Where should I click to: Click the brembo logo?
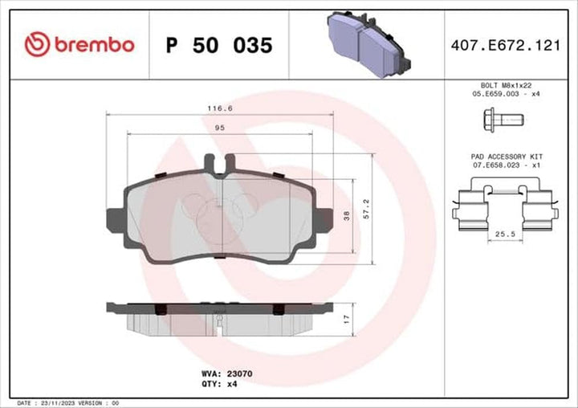tap(79, 45)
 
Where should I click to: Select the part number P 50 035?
tap(218, 45)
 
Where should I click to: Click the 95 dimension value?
tap(218, 127)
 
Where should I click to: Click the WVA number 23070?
tap(238, 374)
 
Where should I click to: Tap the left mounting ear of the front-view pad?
tap(113, 218)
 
